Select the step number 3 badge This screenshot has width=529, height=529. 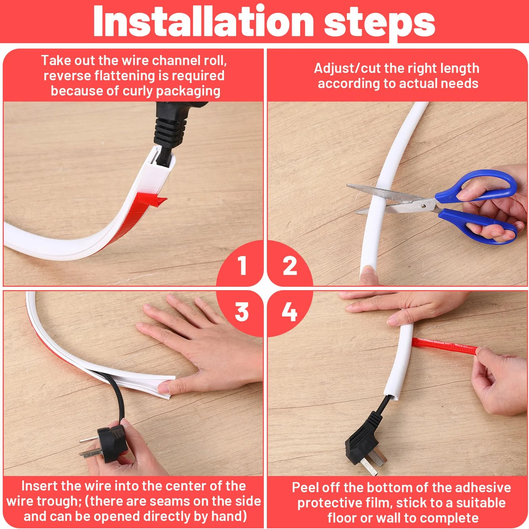click(242, 312)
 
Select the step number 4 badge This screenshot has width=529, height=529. click(289, 312)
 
